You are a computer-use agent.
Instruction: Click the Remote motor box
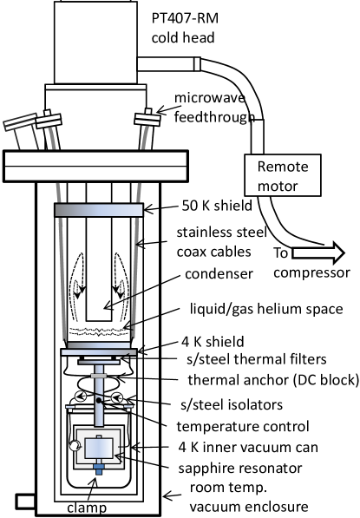(x=283, y=175)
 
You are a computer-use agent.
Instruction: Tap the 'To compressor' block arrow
(x=318, y=253)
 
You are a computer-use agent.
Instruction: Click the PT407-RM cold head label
(x=185, y=28)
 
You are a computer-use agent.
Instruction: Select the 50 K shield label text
(x=217, y=206)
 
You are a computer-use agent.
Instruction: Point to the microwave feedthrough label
(x=214, y=108)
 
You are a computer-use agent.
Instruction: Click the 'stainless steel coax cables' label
(x=221, y=242)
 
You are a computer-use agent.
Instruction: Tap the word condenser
(x=219, y=274)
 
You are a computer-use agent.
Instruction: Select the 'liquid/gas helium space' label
(x=266, y=309)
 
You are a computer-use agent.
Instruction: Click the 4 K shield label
(x=213, y=342)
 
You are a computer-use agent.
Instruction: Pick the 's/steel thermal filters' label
(x=257, y=359)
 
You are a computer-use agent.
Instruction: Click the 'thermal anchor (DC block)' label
(x=273, y=380)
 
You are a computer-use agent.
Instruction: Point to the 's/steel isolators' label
(x=232, y=404)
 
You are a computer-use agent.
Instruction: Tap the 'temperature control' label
(x=243, y=426)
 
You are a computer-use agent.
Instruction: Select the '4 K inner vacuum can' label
(x=248, y=448)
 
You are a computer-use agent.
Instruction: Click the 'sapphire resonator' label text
(x=240, y=469)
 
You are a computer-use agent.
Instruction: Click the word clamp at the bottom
(x=87, y=508)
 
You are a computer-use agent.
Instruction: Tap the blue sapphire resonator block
(x=99, y=449)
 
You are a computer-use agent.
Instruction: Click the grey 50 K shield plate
(x=99, y=210)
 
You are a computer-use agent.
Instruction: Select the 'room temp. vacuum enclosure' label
(x=249, y=497)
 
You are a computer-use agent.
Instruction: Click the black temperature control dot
(x=99, y=400)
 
